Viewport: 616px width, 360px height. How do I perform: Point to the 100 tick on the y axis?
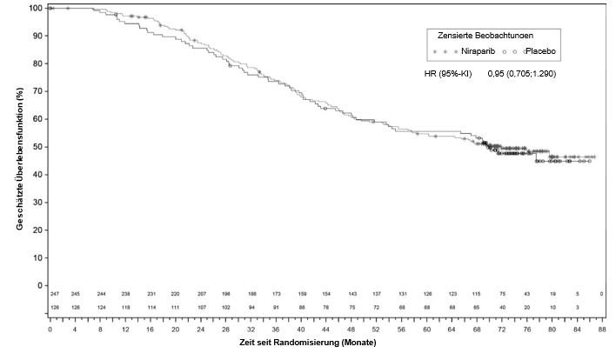pyautogui.click(x=35, y=9)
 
